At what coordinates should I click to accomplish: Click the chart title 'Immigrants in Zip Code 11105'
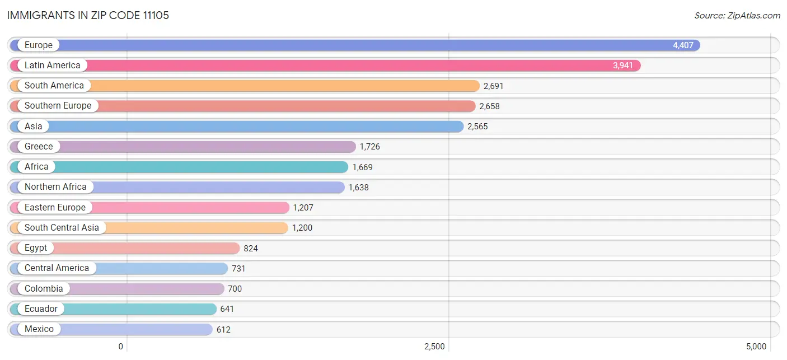[x=88, y=15]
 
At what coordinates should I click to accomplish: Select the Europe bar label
[x=39, y=45]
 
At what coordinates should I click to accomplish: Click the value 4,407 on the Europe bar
[x=683, y=45]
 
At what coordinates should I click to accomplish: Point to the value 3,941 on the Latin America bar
[x=623, y=66]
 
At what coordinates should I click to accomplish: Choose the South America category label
[x=54, y=86]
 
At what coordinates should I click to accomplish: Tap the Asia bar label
[x=34, y=127]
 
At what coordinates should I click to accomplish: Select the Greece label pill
[x=39, y=147]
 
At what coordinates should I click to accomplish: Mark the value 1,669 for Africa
[x=362, y=167]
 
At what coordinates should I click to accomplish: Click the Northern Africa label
[x=55, y=187]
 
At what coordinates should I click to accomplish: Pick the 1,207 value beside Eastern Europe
[x=303, y=208]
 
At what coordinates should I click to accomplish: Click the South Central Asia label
[x=62, y=228]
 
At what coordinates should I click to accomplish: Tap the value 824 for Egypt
[x=251, y=248]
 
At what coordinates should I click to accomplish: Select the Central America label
[x=57, y=268]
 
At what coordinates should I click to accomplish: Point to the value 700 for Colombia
[x=235, y=289]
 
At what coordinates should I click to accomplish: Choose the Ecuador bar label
[x=41, y=309]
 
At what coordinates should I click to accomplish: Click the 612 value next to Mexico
[x=223, y=329]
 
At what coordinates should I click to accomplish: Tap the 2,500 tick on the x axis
[x=434, y=347]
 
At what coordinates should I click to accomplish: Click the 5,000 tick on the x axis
[x=756, y=347]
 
